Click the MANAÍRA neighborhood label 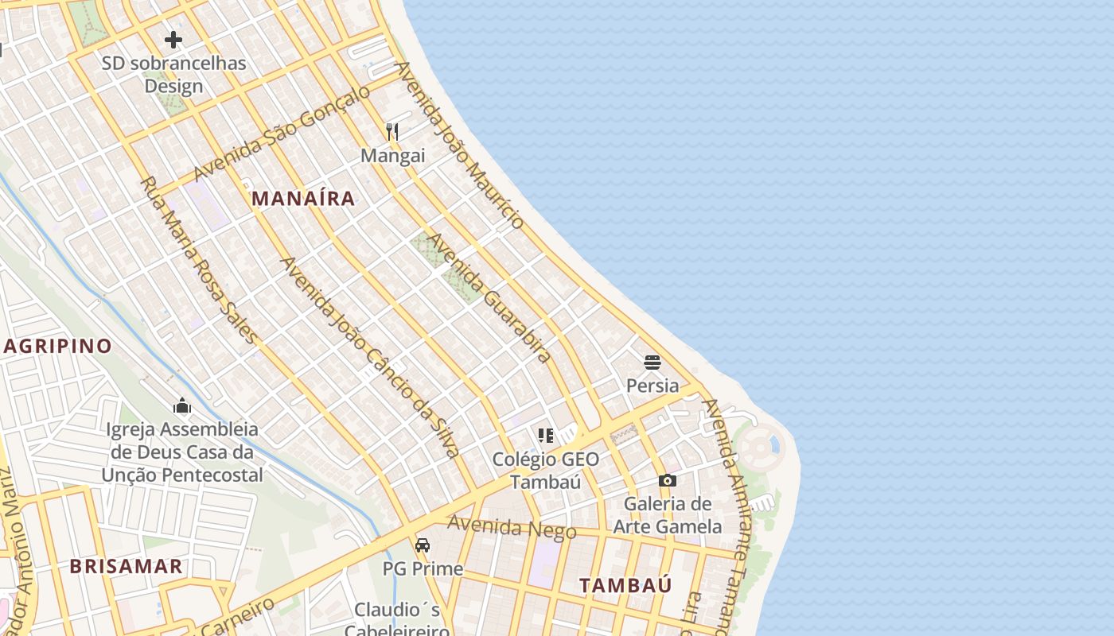pyautogui.click(x=303, y=199)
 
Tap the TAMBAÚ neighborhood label pyautogui.click(x=625, y=586)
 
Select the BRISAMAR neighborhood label pyautogui.click(x=126, y=567)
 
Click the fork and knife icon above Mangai pyautogui.click(x=392, y=132)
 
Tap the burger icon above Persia pyautogui.click(x=652, y=363)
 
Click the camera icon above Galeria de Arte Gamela pyautogui.click(x=668, y=480)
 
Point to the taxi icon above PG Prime pyautogui.click(x=423, y=545)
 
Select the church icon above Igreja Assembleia pyautogui.click(x=182, y=406)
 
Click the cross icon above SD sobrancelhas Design pyautogui.click(x=173, y=40)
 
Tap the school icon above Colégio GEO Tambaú pyautogui.click(x=545, y=435)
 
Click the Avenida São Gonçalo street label pyautogui.click(x=282, y=133)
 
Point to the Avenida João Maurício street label pyautogui.click(x=461, y=145)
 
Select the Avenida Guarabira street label pyautogui.click(x=490, y=298)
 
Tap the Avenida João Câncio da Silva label pyautogui.click(x=370, y=357)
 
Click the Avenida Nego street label pyautogui.click(x=512, y=527)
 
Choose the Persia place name pyautogui.click(x=652, y=386)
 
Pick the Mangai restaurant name pyautogui.click(x=393, y=156)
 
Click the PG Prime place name pyautogui.click(x=423, y=569)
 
